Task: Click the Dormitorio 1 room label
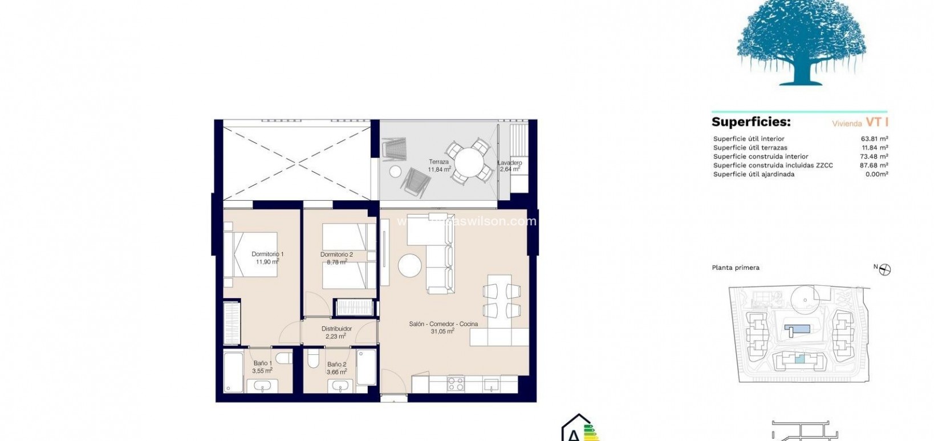coord(267,254)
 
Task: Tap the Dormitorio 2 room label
coord(336,254)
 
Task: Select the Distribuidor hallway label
coord(336,329)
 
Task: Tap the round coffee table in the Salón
coord(410,265)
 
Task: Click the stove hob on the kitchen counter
coord(456,384)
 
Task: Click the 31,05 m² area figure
coord(442,331)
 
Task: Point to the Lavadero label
coord(510,163)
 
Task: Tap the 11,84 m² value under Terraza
coord(440,169)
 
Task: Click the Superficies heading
coord(751,122)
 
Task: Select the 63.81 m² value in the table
coord(874,139)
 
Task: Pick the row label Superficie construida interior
coord(761,156)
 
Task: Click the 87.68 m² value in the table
coord(874,165)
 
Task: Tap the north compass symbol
coord(886,269)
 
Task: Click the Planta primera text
coord(736,268)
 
